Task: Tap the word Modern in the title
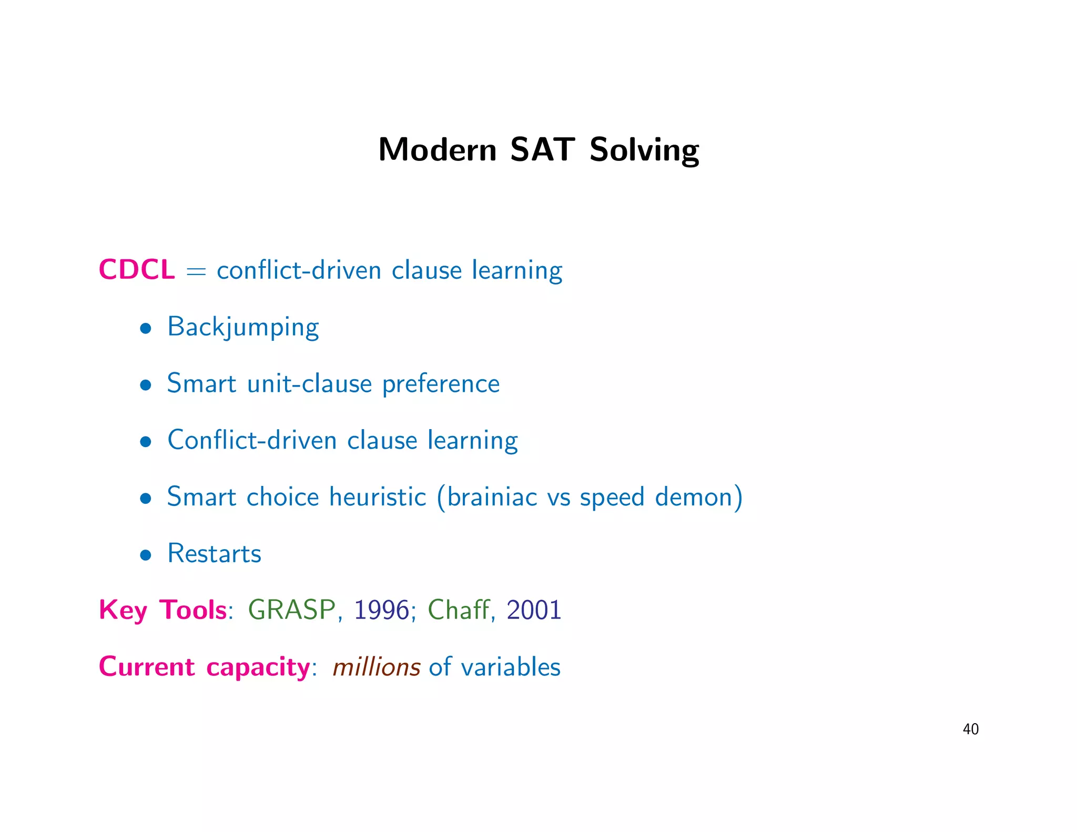[x=437, y=150]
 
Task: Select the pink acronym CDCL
[x=137, y=270]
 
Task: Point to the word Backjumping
[x=243, y=328]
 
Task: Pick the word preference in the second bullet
[x=441, y=384]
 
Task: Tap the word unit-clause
[x=309, y=384]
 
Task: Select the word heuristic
[x=378, y=497]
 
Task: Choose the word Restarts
[x=214, y=554]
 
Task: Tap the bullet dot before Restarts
[x=146, y=555]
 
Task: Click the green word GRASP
[x=292, y=611]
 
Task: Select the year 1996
[x=381, y=611]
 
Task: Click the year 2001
[x=534, y=611]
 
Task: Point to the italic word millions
[x=377, y=667]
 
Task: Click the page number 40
[x=970, y=729]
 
